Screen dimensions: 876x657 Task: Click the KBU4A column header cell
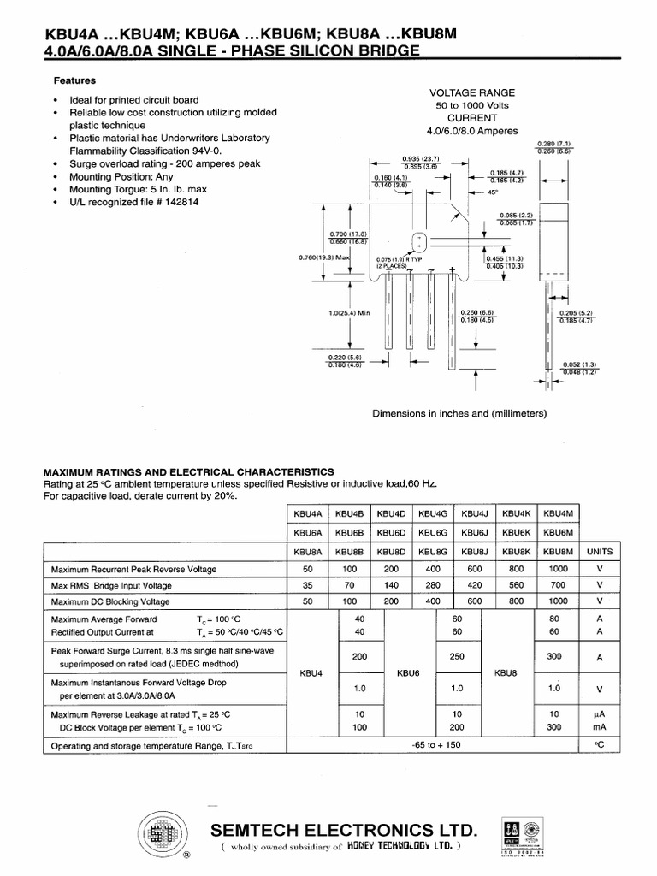[307, 513]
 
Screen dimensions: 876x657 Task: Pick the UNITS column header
[600, 552]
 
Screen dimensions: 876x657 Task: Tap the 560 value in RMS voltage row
[515, 585]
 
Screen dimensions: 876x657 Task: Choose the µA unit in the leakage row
[599, 713]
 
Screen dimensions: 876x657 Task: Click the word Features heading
[74, 81]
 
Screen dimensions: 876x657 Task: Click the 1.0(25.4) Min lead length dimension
[352, 312]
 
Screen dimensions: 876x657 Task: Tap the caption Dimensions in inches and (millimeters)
[459, 413]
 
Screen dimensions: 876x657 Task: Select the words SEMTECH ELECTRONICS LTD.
[344, 830]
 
